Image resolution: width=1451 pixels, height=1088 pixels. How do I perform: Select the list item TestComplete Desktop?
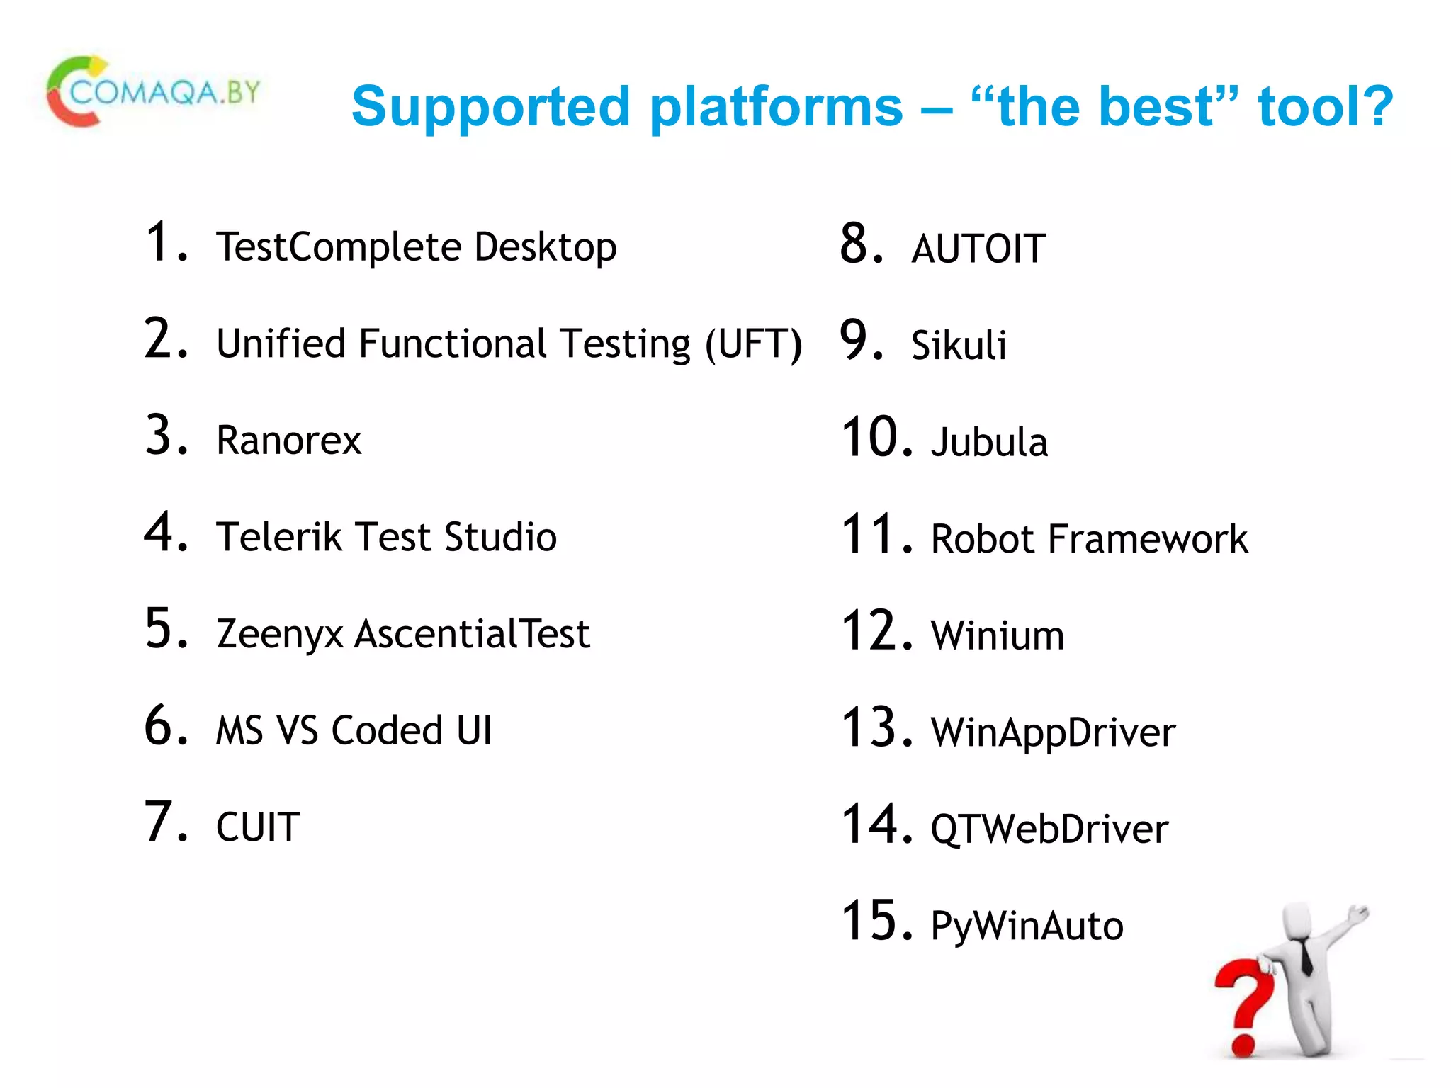pyautogui.click(x=416, y=247)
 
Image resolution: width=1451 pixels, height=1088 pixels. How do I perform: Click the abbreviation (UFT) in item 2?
pyautogui.click(x=754, y=345)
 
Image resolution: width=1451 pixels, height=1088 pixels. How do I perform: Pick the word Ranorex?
pyautogui.click(x=288, y=441)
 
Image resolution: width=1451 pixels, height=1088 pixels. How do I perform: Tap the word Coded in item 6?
pyautogui.click(x=387, y=730)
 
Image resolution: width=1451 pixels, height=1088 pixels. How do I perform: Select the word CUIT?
pyautogui.click(x=258, y=827)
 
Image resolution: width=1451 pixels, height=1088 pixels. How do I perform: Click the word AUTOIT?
pyautogui.click(x=978, y=249)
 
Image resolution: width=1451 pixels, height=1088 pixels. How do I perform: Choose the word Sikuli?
pyautogui.click(x=958, y=346)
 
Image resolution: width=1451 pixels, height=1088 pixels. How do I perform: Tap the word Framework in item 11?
pyautogui.click(x=1147, y=539)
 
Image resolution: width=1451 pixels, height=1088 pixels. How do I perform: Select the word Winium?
pyautogui.click(x=997, y=635)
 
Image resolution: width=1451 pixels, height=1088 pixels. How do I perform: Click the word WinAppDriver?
pyautogui.click(x=1053, y=733)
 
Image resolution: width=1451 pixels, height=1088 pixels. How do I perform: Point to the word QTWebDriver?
pyautogui.click(x=1049, y=829)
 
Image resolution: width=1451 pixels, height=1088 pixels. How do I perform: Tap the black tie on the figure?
pyautogui.click(x=1306, y=956)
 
